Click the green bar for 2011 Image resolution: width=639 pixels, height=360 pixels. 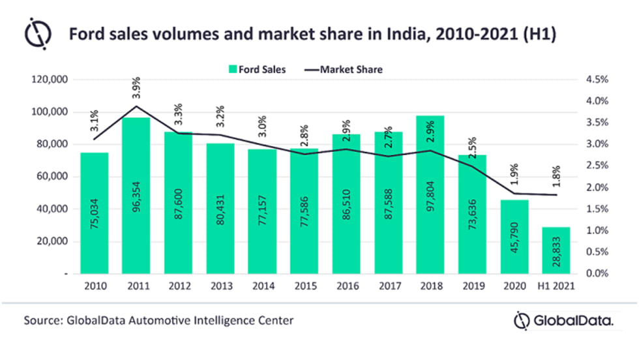tap(136, 196)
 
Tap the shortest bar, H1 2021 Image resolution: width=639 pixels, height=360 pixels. tap(556, 250)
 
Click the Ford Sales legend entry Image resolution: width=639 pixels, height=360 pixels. tap(257, 68)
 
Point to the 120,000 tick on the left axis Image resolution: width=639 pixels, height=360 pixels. tap(50, 80)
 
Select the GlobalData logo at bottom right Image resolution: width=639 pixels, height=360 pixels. tap(563, 322)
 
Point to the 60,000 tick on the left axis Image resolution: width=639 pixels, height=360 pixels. tap(52, 177)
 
